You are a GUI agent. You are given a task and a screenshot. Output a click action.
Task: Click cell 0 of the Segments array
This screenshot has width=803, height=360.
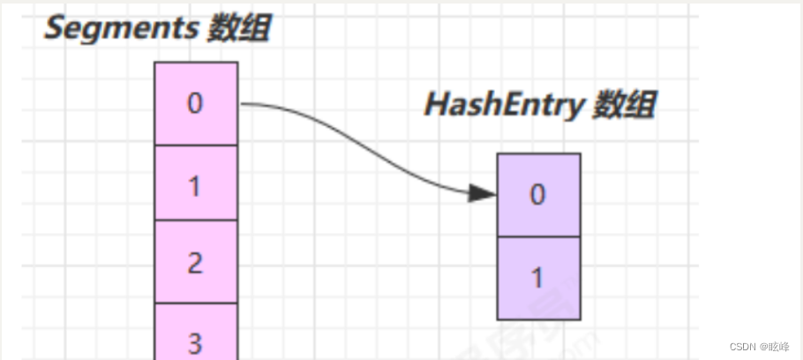[196, 103]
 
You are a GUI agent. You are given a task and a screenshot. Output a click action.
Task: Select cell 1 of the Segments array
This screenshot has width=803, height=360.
[196, 183]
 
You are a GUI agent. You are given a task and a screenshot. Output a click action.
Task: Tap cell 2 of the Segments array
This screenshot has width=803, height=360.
[196, 262]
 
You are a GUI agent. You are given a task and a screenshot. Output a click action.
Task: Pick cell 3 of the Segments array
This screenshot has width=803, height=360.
[196, 335]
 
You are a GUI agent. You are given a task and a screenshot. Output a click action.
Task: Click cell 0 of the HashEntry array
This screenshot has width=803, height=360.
[538, 195]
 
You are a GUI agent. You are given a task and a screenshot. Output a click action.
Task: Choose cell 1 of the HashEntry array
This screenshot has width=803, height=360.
[538, 278]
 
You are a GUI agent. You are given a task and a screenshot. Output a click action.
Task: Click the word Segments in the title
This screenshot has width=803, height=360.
[121, 28]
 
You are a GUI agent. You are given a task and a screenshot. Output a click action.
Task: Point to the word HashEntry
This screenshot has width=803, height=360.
[503, 105]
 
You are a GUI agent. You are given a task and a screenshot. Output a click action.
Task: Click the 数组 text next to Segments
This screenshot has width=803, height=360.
[238, 28]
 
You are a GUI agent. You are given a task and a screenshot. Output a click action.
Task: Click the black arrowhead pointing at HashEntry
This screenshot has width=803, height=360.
[482, 193]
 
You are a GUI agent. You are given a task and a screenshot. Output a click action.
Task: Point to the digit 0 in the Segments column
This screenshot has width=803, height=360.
[196, 103]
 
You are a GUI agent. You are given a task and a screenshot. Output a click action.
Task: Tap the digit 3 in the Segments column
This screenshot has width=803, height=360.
[196, 341]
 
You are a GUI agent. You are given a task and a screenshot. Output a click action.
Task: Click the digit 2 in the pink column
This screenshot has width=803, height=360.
[196, 262]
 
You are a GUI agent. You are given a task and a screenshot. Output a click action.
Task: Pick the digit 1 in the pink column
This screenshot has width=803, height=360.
[196, 186]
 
